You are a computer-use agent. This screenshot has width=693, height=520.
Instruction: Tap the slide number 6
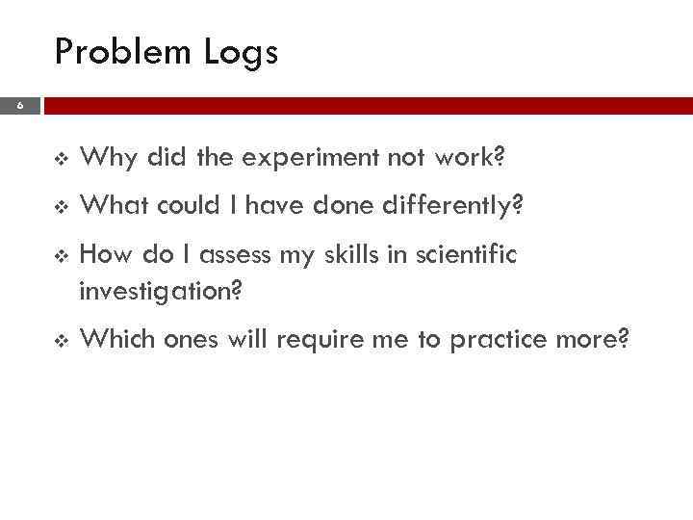tap(20, 108)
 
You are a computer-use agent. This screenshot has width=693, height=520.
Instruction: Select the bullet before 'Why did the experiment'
tap(62, 157)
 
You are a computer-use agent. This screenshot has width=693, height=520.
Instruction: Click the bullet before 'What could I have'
tap(62, 205)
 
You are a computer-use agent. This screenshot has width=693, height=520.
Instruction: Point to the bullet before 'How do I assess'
tap(62, 256)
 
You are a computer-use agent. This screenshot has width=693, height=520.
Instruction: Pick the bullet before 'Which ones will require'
tap(62, 340)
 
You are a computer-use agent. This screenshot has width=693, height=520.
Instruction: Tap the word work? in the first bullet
tap(473, 156)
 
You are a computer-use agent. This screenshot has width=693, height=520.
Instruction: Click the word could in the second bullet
tap(186, 204)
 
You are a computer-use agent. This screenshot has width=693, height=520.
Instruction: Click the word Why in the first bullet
tap(102, 156)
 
